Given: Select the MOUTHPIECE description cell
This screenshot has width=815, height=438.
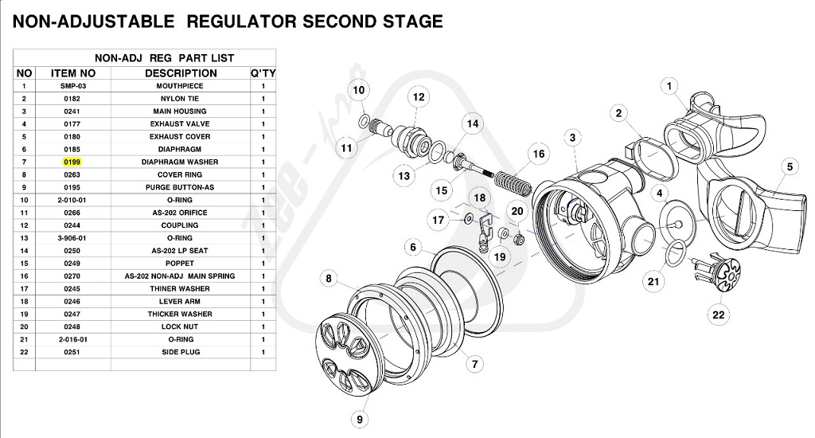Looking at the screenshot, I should click(x=180, y=86).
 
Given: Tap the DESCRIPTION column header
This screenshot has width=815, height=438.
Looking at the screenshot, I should click(x=180, y=73).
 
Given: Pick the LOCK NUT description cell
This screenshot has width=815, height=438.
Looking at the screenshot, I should click(x=180, y=327).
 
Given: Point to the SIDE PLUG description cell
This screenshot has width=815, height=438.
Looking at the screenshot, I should click(x=180, y=352).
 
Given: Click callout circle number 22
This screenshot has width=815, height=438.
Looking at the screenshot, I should click(x=719, y=315).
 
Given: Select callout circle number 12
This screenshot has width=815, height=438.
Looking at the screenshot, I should click(x=418, y=97).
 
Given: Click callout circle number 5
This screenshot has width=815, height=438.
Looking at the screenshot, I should click(x=790, y=166).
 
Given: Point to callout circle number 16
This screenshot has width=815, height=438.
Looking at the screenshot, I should click(x=539, y=154).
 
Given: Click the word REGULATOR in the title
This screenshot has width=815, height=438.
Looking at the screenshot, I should click(x=240, y=22).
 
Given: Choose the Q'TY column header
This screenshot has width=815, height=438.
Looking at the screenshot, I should click(x=263, y=73).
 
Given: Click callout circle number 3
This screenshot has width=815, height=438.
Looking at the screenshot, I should click(x=571, y=138).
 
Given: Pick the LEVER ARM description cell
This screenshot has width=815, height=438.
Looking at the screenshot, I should click(x=180, y=301).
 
